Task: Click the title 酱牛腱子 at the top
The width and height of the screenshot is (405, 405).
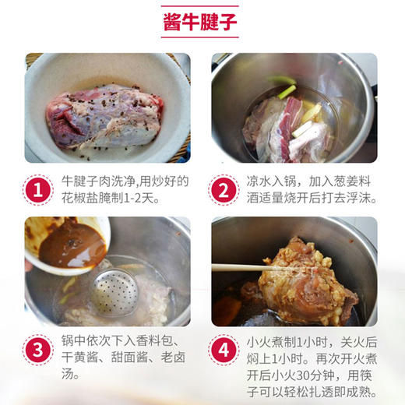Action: [x=202, y=23]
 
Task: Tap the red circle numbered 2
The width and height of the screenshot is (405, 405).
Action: [x=224, y=190]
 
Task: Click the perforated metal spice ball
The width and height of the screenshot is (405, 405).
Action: [x=114, y=294]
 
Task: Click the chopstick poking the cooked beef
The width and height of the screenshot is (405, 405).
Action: [x=249, y=267]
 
